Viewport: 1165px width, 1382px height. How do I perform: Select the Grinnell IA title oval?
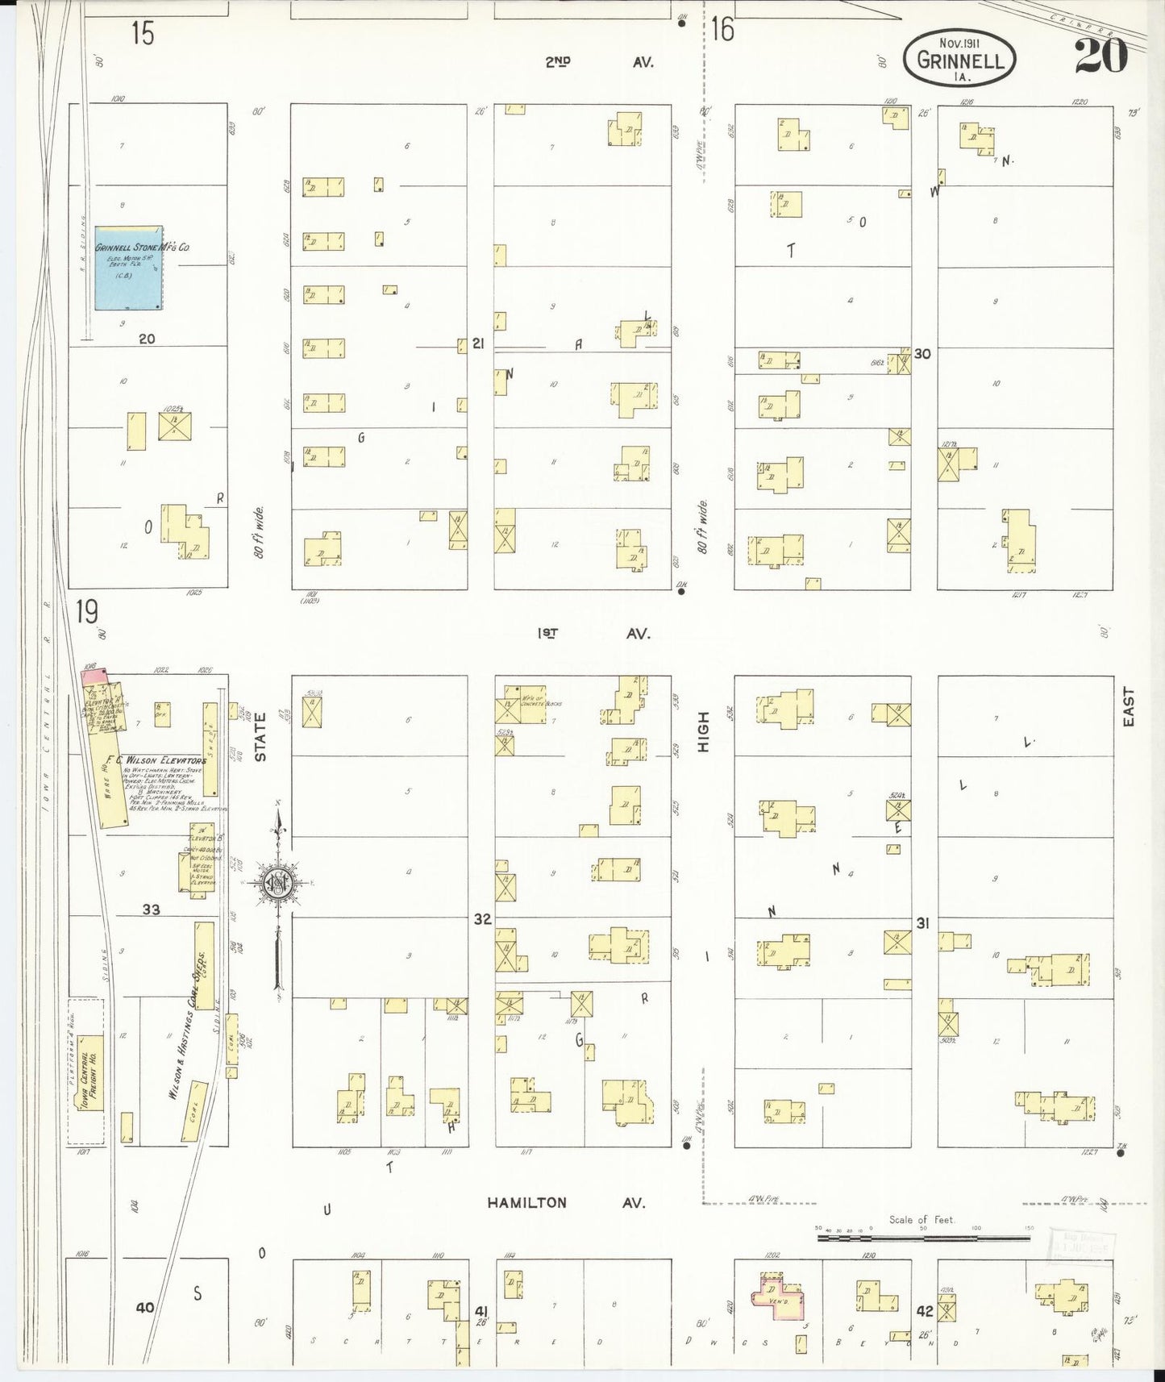[959, 60]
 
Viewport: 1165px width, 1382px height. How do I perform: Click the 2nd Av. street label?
[597, 61]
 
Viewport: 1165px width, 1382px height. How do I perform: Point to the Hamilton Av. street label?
[565, 1202]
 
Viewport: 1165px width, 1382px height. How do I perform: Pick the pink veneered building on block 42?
[779, 1300]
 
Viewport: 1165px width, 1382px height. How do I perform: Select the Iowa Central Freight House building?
[90, 1073]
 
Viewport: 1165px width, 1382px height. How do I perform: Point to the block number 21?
[477, 344]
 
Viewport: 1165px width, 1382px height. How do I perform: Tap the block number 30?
[922, 353]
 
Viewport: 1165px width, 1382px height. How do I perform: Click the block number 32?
[481, 918]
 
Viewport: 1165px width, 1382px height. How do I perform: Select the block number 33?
[151, 910]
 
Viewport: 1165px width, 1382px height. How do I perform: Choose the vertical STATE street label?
[260, 736]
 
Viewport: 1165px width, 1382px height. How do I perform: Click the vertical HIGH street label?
[702, 731]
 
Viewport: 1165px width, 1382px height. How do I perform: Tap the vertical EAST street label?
[1128, 706]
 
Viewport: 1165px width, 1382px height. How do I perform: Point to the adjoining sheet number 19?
[87, 612]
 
